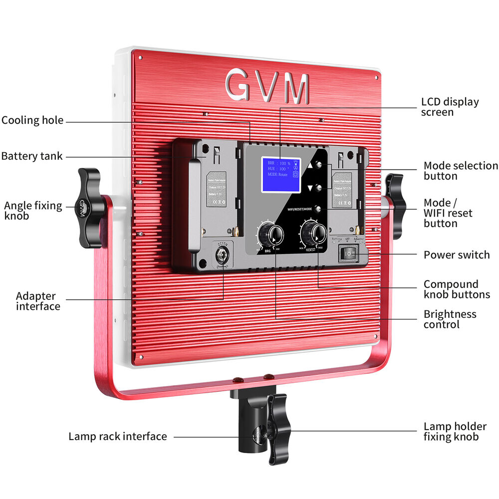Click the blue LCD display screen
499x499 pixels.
click(x=280, y=174)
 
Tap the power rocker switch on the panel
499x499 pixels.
click(x=349, y=254)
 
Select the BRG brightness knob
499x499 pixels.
click(x=270, y=233)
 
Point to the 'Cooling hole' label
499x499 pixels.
click(x=32, y=120)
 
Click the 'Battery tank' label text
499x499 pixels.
click(x=32, y=156)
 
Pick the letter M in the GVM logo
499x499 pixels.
click(x=297, y=88)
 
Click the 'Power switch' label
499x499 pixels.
click(x=457, y=255)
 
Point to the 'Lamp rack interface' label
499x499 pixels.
click(x=118, y=437)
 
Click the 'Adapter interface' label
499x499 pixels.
click(x=38, y=301)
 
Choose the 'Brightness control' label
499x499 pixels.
click(x=450, y=319)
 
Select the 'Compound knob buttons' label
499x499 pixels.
click(x=457, y=289)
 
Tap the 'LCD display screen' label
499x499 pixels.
click(x=450, y=107)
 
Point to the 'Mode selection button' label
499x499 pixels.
click(x=461, y=171)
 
